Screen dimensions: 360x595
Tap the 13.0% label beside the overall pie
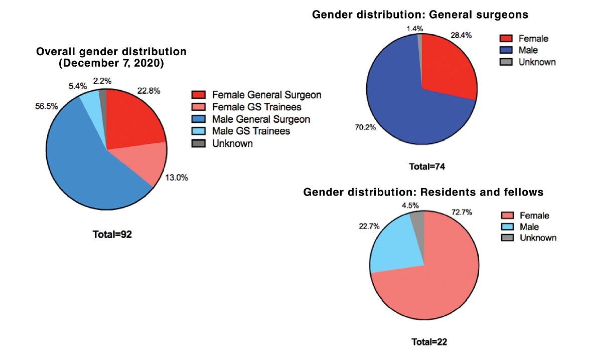pyautogui.click(x=177, y=178)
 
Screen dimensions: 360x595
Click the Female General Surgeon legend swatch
pyautogui.click(x=199, y=95)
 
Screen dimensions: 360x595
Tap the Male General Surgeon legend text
pyautogui.click(x=261, y=119)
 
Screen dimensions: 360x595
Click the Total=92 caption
pyautogui.click(x=112, y=235)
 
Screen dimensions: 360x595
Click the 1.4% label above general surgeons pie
pyautogui.click(x=415, y=29)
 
